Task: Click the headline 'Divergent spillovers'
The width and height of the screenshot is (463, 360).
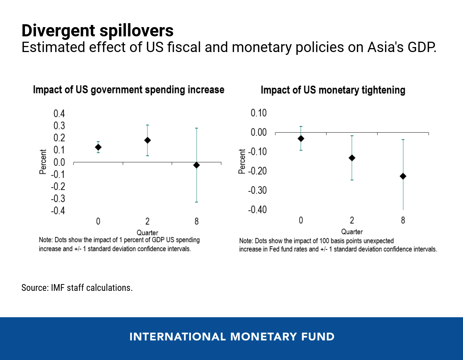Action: click(97, 31)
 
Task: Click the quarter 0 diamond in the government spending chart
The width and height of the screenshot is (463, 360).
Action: click(98, 147)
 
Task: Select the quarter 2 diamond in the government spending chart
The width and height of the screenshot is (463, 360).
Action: click(147, 140)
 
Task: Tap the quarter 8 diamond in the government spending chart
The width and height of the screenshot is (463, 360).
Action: click(196, 165)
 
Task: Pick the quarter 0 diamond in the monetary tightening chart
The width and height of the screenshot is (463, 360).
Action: click(301, 138)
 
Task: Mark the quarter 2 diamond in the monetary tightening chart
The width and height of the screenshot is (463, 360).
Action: click(352, 158)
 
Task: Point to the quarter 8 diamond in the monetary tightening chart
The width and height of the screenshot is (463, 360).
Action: click(403, 176)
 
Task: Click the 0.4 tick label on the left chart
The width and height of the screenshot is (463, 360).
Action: click(59, 114)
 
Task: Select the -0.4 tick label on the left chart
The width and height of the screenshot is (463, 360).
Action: click(58, 211)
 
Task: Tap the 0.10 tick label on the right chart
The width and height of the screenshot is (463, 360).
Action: click(259, 113)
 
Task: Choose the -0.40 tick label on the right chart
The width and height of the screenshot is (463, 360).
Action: click(257, 210)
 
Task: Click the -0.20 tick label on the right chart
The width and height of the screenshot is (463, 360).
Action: click(257, 171)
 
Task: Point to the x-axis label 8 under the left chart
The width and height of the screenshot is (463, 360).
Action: click(196, 221)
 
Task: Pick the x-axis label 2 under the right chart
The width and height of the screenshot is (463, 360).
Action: click(352, 220)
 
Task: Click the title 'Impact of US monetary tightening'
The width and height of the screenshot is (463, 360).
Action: click(333, 90)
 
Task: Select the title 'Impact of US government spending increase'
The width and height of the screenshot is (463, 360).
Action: click(129, 90)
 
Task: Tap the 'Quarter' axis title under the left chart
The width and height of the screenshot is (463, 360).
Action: click(147, 233)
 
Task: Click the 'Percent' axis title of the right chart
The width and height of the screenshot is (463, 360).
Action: click(242, 161)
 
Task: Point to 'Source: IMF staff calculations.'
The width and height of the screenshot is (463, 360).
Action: click(77, 288)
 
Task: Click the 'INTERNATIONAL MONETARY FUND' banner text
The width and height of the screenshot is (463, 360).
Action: click(232, 337)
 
